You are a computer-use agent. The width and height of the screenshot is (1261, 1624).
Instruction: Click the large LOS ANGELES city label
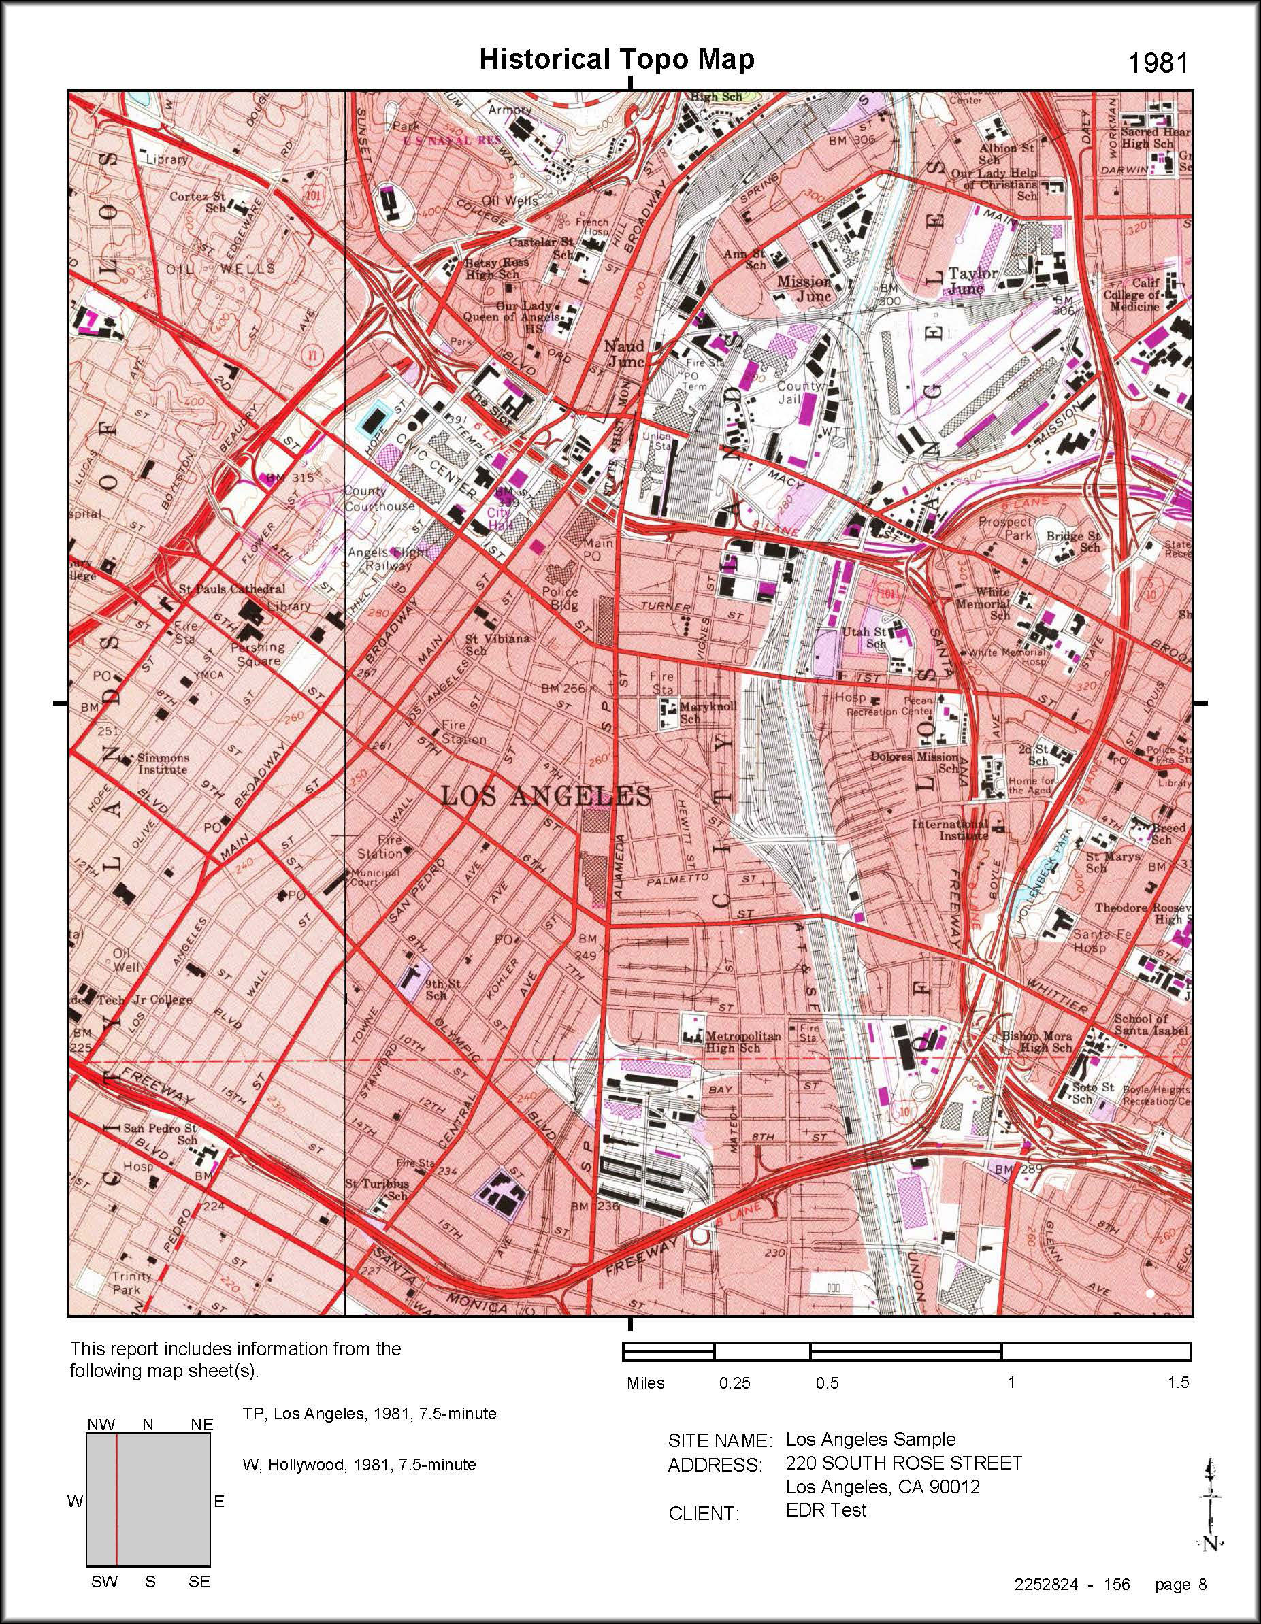[x=545, y=797]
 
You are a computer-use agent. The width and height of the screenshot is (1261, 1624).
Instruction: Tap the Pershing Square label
[x=257, y=654]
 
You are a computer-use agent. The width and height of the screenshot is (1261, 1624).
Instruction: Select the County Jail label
[x=800, y=393]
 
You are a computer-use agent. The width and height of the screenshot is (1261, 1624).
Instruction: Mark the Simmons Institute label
[x=163, y=763]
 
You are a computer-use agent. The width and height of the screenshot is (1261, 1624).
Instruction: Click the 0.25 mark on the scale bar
[x=734, y=1383]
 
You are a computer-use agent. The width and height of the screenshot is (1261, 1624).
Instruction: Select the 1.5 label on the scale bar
[x=1178, y=1382]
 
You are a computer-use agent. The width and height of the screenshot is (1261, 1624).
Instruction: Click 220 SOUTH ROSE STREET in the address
[x=903, y=1463]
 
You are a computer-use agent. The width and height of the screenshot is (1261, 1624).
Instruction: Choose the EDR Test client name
[x=825, y=1510]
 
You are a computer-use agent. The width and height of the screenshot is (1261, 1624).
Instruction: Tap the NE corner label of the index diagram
[x=201, y=1424]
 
